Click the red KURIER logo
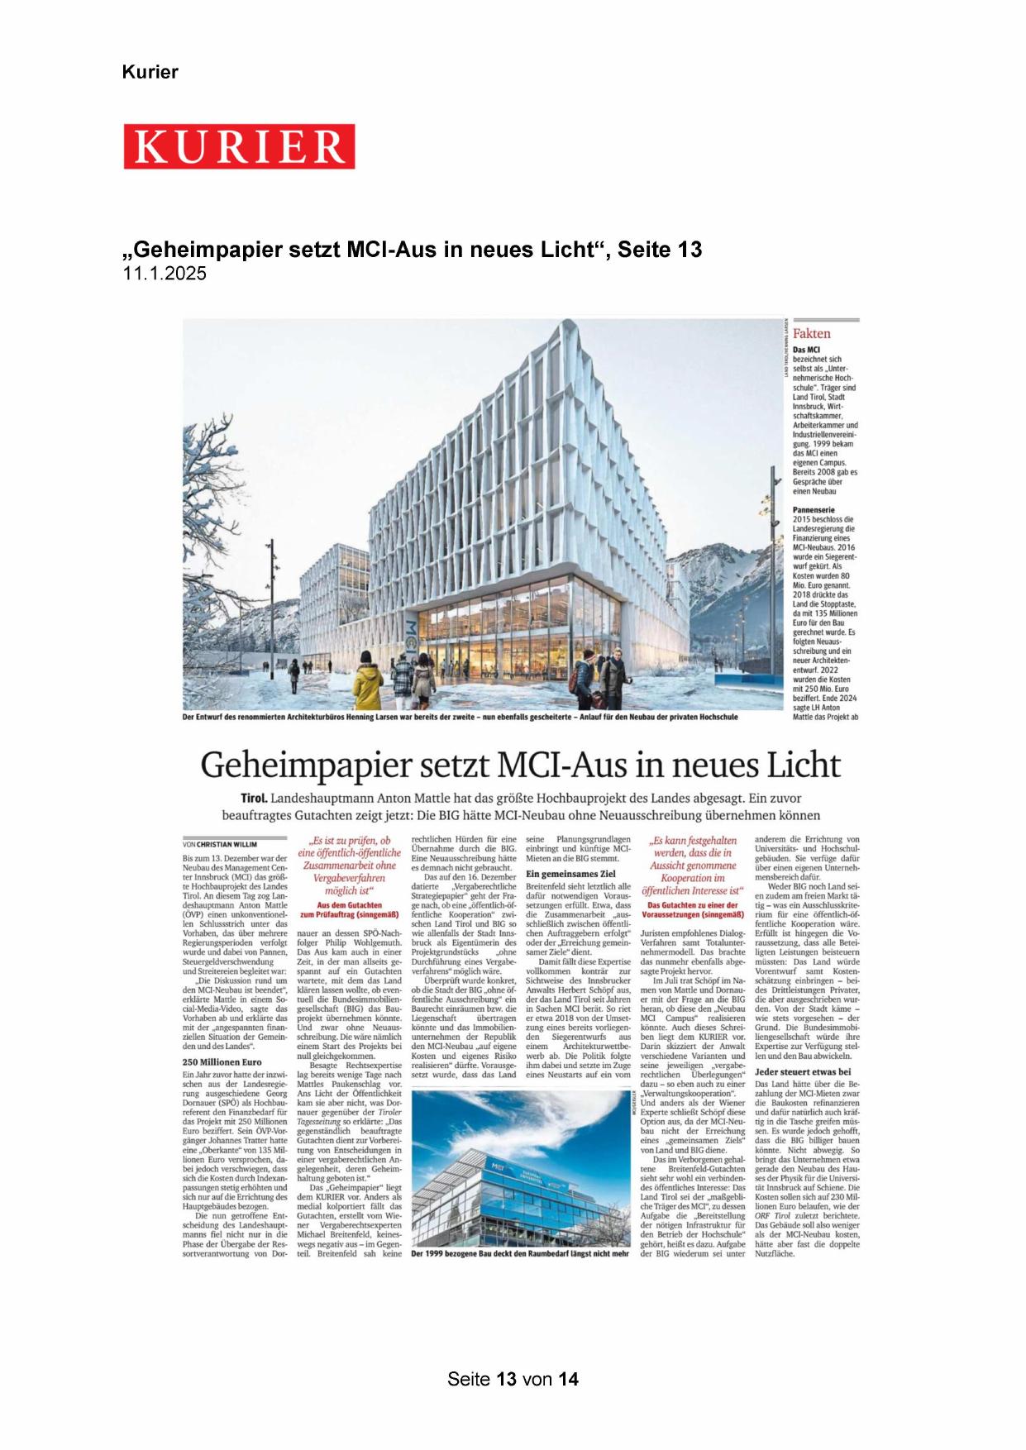[239, 147]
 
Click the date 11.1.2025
[165, 274]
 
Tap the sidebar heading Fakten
[811, 333]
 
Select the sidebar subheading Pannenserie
[814, 510]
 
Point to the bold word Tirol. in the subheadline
[254, 799]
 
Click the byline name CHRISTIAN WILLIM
[227, 845]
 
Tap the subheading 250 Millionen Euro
[222, 1062]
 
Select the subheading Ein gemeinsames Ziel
[570, 873]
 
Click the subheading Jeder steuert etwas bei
[803, 1071]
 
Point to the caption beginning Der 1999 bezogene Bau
[520, 1253]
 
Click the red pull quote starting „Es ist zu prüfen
[349, 866]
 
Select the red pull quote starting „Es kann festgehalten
[692, 866]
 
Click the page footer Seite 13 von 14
[513, 1379]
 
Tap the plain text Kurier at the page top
[150, 72]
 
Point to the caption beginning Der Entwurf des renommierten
[460, 717]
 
